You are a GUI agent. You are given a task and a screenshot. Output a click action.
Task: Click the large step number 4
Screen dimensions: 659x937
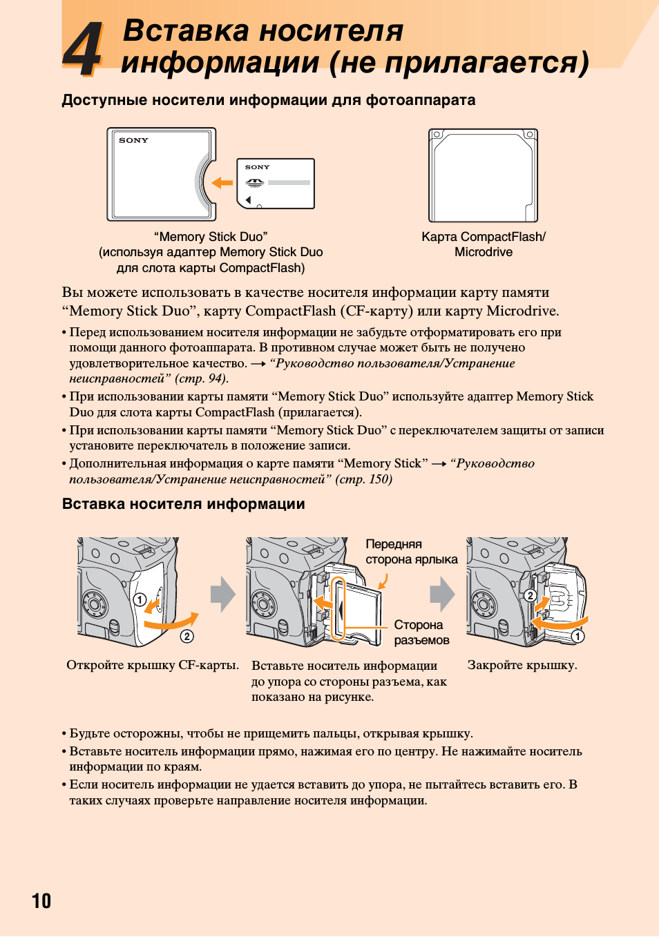[82, 49]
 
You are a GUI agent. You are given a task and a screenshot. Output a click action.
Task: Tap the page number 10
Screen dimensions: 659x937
[41, 900]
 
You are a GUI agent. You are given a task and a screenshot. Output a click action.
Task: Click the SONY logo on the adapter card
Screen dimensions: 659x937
[133, 141]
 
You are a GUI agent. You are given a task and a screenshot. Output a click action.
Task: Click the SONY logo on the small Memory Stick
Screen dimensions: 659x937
[258, 167]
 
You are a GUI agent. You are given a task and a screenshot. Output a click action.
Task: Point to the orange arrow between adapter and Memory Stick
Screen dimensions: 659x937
[222, 182]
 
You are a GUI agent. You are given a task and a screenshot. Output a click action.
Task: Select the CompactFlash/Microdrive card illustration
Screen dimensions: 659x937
[484, 175]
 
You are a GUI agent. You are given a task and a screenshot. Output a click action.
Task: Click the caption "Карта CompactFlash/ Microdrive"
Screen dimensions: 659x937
[484, 244]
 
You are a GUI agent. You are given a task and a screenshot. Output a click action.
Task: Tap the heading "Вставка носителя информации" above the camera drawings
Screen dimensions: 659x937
[183, 503]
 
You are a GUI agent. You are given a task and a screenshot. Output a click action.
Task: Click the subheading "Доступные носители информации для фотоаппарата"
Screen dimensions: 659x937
[269, 100]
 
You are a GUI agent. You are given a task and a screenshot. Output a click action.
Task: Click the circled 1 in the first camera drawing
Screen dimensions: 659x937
[140, 600]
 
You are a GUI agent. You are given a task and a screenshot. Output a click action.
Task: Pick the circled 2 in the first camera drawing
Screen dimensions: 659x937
[187, 636]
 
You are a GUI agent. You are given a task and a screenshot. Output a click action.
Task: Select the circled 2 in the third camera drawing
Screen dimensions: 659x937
[530, 595]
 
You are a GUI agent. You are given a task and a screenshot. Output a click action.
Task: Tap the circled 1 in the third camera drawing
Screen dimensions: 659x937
[577, 636]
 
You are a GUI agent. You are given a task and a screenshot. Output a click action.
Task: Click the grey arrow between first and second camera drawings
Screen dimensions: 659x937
[223, 594]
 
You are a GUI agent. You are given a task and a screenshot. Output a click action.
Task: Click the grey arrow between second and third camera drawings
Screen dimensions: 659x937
[443, 594]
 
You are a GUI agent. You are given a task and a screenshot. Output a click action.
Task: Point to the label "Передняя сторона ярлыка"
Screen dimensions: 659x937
[412, 552]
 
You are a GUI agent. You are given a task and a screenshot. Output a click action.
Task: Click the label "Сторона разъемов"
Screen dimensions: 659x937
[422, 632]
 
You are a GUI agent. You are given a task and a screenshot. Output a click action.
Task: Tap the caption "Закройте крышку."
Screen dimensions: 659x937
[522, 665]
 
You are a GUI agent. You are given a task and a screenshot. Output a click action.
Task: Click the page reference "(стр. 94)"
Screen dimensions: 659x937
[201, 378]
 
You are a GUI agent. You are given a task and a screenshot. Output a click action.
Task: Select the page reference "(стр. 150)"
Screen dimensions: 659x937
[363, 479]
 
